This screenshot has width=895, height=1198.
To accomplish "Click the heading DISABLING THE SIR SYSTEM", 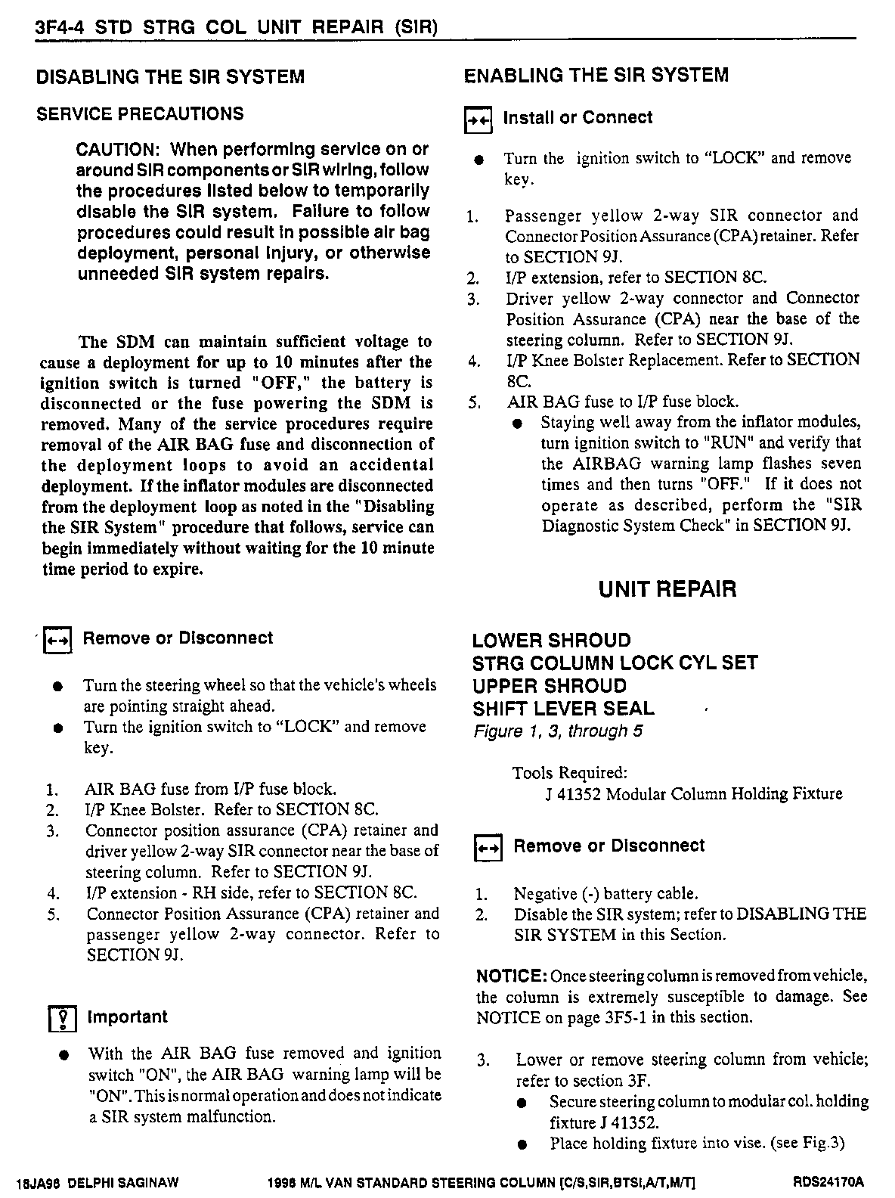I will coord(170,76).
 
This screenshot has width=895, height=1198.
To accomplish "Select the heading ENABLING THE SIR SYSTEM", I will coord(596,75).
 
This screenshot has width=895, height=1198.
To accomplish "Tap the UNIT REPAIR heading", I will coord(667,589).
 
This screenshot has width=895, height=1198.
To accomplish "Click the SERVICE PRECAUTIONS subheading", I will coord(140,114).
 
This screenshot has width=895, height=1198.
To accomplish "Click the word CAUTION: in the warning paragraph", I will coord(116,149).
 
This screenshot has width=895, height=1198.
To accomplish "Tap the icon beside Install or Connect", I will coord(478,119).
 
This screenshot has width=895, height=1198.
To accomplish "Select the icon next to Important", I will coord(60,1020).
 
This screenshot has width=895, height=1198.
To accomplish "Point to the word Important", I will coord(127,1017).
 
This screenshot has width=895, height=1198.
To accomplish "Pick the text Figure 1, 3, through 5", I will coord(558,731).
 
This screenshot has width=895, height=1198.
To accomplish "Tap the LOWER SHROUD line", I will coord(551,641).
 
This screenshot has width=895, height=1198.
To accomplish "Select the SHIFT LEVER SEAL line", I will coord(563,709).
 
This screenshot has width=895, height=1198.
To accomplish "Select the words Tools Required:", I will coord(569,773).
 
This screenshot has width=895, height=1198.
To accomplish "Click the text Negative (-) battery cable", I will coord(605,894).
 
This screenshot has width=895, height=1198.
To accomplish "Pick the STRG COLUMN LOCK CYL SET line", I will coord(615,663).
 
